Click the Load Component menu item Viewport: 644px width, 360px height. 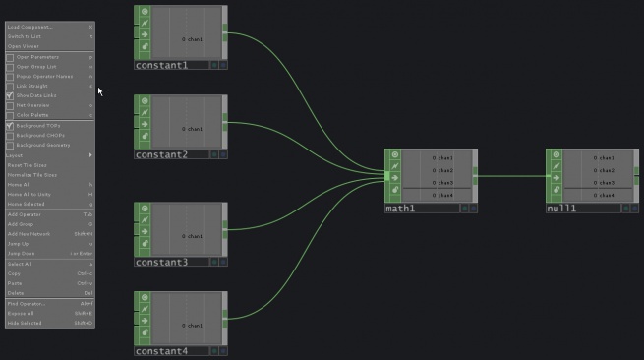[x=30, y=27]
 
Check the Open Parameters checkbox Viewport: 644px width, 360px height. [x=11, y=57]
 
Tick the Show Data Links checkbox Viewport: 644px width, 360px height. [x=11, y=96]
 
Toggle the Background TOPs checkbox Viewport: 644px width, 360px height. [x=11, y=126]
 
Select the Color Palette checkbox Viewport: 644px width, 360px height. [x=11, y=116]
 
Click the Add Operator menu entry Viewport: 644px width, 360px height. [x=26, y=214]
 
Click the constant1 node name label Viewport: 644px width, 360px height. [x=161, y=65]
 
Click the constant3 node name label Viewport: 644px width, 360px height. [x=161, y=263]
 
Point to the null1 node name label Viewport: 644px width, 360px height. [x=560, y=210]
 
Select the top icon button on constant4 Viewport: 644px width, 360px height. [x=144, y=297]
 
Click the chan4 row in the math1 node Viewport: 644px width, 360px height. [x=441, y=195]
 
